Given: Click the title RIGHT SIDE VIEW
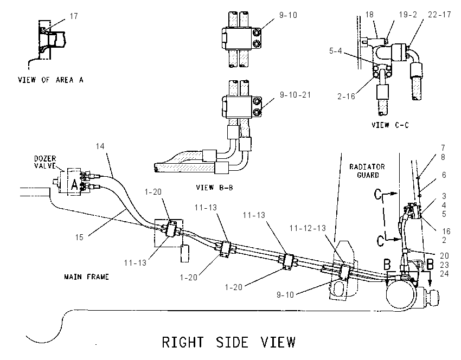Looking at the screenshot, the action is coord(229,342).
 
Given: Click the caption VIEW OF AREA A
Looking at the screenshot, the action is coord(50,80).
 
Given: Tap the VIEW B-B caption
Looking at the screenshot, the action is coord(215,188).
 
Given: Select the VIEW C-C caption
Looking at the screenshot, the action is coord(390,125).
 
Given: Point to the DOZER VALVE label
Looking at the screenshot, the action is coord(45,162).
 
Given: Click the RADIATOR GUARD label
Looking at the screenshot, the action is coord(367,171).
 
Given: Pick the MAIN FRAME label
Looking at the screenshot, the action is coord(86,277).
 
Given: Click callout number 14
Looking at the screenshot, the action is coord(100,146).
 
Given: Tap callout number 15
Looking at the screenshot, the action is coord(79,237).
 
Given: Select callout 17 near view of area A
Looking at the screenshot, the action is coord(74,16).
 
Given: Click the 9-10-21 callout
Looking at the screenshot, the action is coord(295,95).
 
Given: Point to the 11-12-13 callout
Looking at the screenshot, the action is coord(308,228).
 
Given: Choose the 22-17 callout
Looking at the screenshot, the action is coord(439,15).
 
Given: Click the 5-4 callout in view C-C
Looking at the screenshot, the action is coord(336,51).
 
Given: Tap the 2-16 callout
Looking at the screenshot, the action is coord(346,96).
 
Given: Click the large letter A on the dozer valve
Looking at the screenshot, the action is coord(75,185).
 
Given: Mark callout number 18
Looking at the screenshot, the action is coord(369,15).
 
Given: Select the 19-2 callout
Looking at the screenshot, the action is coord(408,15).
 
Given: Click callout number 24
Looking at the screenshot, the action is coord(444,274).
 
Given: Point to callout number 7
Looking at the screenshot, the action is coord(443,147).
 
